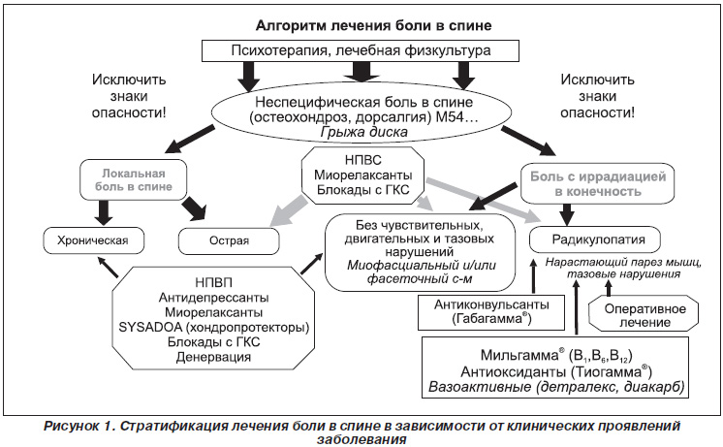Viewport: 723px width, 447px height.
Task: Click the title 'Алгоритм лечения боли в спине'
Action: tap(373, 25)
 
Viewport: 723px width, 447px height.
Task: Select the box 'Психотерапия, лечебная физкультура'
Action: tap(361, 50)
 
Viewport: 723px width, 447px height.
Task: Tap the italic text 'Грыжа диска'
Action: tap(363, 133)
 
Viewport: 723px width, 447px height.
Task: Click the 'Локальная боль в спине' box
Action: tap(133, 180)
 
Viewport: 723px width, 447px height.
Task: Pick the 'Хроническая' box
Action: tap(93, 240)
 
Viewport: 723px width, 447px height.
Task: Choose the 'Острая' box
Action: tap(229, 240)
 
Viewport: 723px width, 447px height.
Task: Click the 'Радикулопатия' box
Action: tap(595, 239)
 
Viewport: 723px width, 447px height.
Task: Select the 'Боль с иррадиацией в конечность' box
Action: tap(598, 183)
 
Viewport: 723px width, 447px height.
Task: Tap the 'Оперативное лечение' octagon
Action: tap(644, 315)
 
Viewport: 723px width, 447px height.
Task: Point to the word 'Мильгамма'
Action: tap(519, 355)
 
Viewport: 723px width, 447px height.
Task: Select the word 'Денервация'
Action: tap(213, 357)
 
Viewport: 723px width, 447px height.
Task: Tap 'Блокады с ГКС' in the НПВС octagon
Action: tap(363, 190)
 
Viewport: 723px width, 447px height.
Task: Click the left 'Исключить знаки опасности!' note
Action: tap(129, 96)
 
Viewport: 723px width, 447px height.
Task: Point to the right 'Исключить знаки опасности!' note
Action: tap(598, 96)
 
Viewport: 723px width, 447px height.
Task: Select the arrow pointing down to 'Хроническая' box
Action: tap(104, 212)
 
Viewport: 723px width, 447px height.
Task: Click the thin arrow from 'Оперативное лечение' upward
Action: tap(609, 288)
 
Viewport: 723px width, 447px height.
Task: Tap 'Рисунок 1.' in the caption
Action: tap(79, 426)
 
